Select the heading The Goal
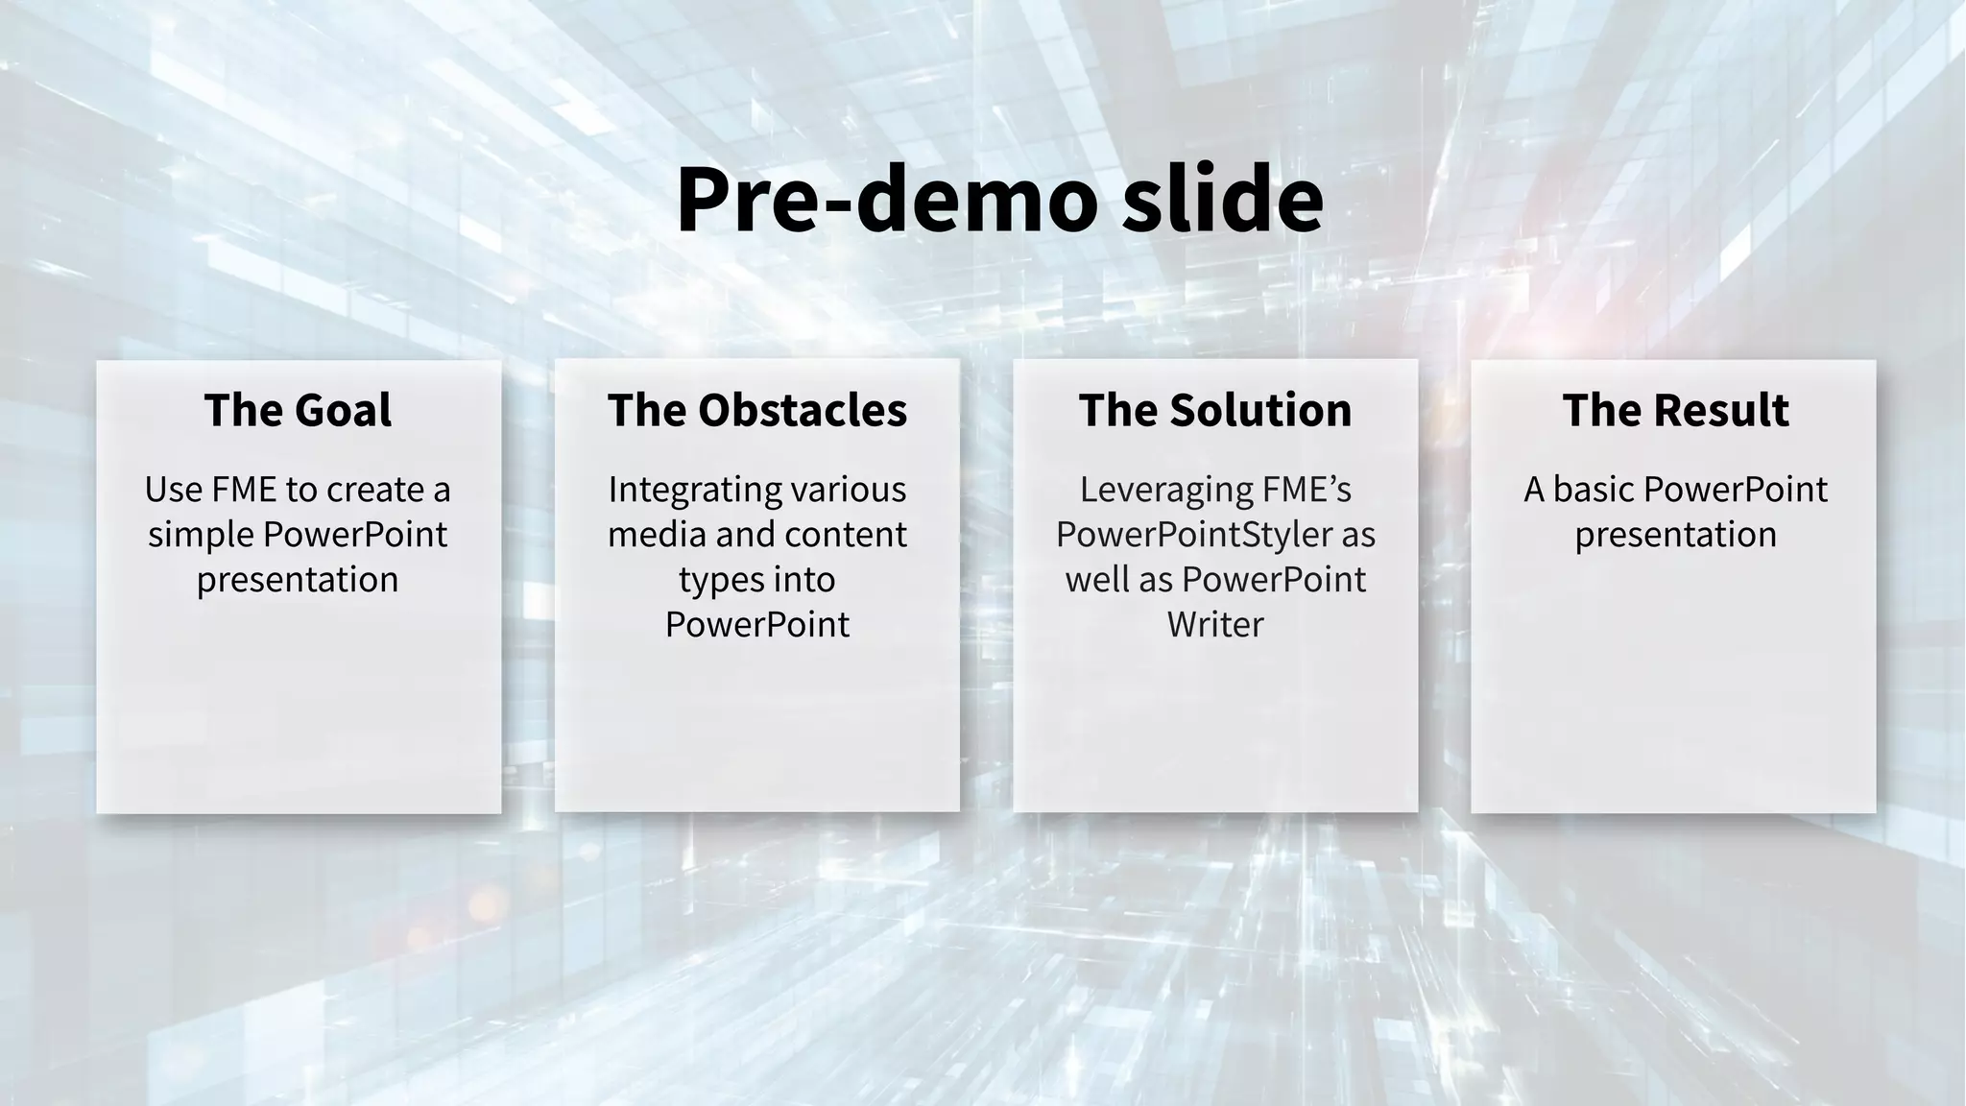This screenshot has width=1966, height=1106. [x=298, y=411]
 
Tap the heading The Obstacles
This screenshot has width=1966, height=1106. [x=756, y=411]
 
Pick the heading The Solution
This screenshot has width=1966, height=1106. [x=1215, y=411]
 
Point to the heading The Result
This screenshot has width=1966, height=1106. [x=1675, y=411]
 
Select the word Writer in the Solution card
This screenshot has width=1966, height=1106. [x=1215, y=625]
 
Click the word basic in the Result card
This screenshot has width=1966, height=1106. [x=1594, y=491]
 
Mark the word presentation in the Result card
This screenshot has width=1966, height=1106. [x=1675, y=536]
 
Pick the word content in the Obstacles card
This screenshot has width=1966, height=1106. [x=854, y=536]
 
